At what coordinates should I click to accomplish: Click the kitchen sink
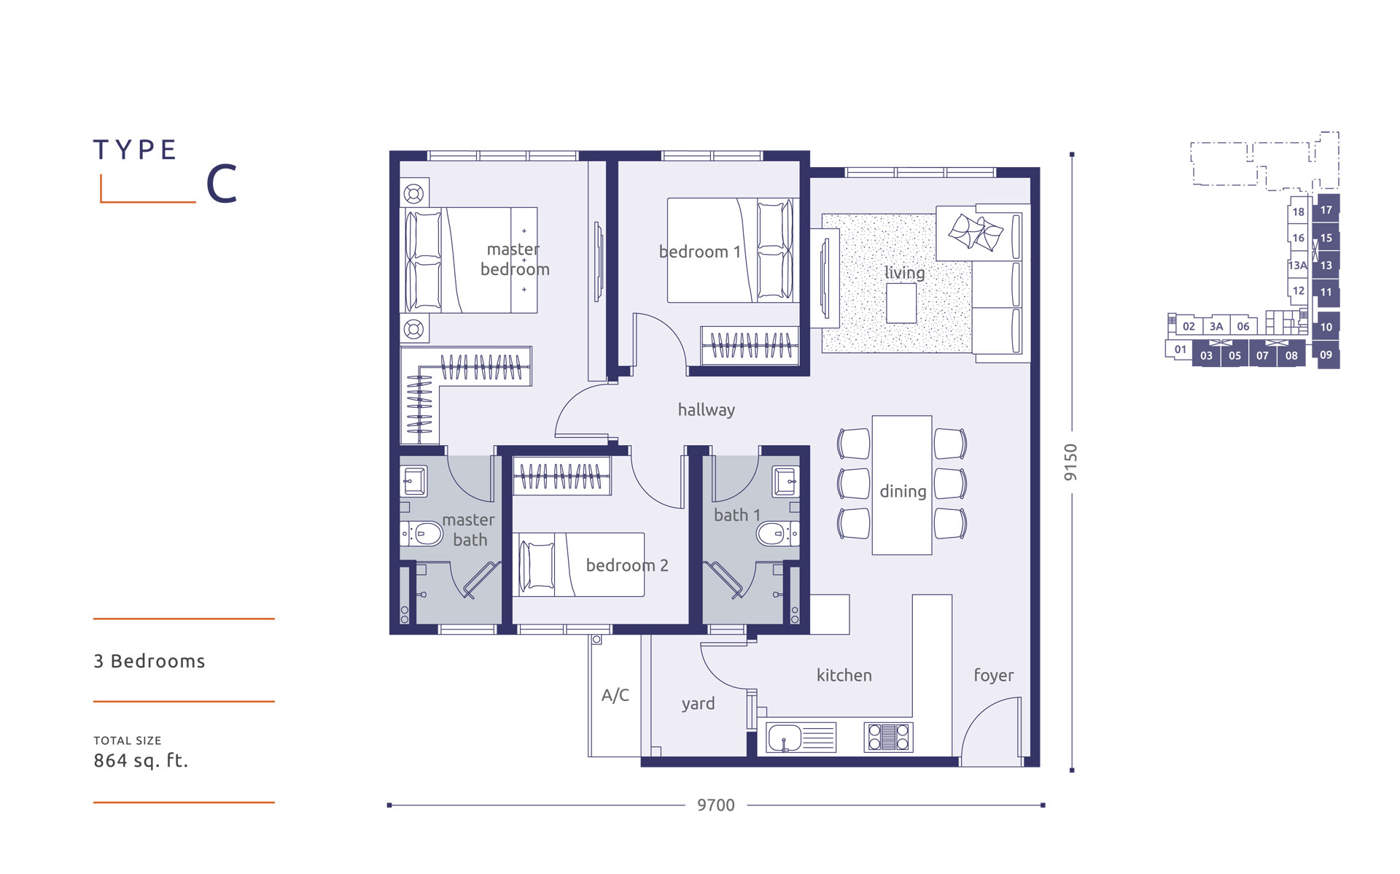[x=801, y=738]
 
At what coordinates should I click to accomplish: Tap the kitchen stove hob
[x=888, y=737]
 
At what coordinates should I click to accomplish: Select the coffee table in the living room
[x=901, y=303]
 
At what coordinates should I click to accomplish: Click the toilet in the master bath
[x=422, y=534]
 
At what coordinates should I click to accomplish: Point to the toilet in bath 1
[x=777, y=534]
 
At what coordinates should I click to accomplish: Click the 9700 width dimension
[x=716, y=805]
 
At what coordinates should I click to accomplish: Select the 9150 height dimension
[x=1070, y=462]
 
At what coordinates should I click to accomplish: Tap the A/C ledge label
[x=615, y=695]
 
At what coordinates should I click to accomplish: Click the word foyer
[x=993, y=676]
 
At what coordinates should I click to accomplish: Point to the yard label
[x=698, y=704]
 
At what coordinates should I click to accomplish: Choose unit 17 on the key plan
[x=1326, y=209]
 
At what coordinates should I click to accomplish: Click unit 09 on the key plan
[x=1326, y=355]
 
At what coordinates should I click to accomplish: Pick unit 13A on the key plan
[x=1298, y=265]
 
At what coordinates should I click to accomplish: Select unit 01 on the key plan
[x=1180, y=349]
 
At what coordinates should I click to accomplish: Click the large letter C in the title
[x=222, y=183]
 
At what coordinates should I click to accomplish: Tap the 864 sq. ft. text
[x=141, y=761]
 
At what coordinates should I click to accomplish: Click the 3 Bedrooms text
[x=149, y=661]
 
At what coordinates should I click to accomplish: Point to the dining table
[x=902, y=485]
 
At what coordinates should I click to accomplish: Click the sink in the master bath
[x=414, y=482]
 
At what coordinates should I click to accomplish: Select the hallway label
[x=706, y=410]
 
